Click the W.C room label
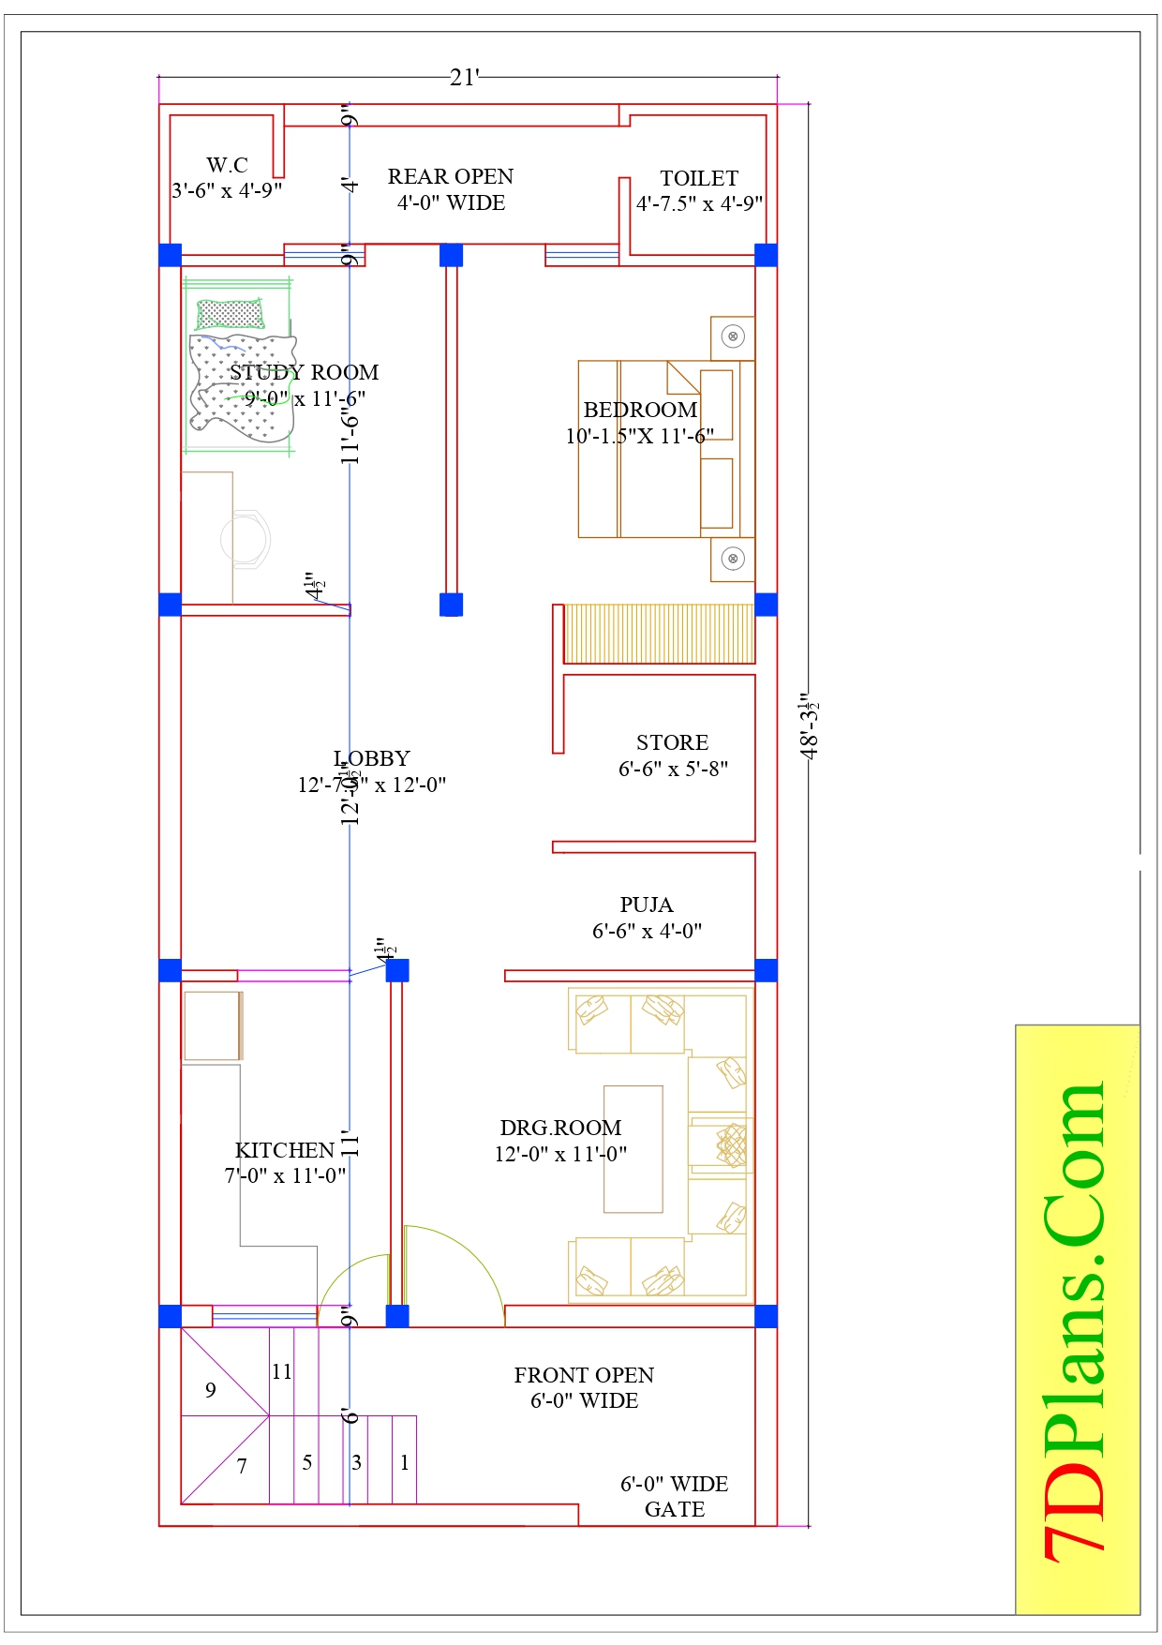(x=227, y=166)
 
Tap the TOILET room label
(x=699, y=179)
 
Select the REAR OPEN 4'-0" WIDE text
(x=451, y=189)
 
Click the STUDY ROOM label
(x=305, y=373)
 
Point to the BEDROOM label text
(x=640, y=411)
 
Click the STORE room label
(x=672, y=743)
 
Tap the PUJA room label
(x=647, y=905)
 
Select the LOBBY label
(x=372, y=759)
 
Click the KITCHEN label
(x=285, y=1151)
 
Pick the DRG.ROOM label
(x=560, y=1129)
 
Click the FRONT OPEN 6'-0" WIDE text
(x=584, y=1388)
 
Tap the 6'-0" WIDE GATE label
(x=675, y=1497)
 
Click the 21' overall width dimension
(x=464, y=78)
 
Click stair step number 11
(x=282, y=1372)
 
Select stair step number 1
(x=404, y=1463)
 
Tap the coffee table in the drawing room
(x=633, y=1149)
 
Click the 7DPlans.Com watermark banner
(x=1078, y=1321)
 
